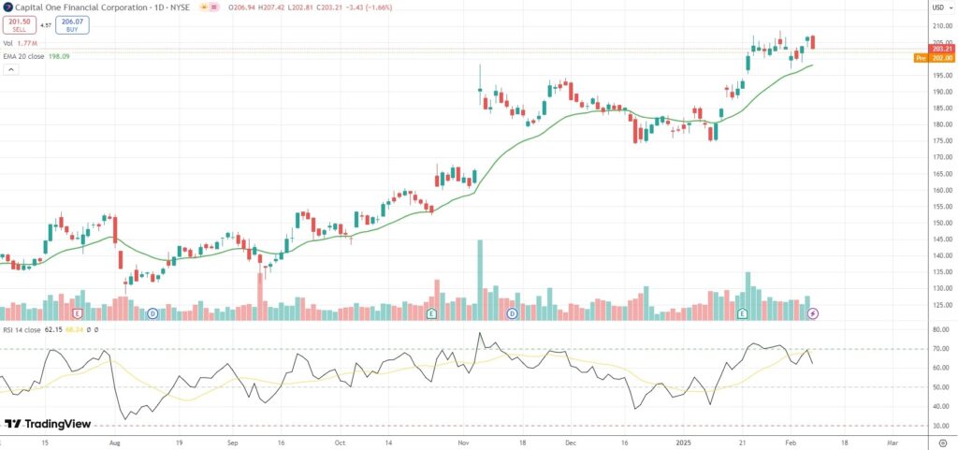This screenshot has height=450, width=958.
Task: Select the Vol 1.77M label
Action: (19, 43)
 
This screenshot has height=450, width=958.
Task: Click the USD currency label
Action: (936, 7)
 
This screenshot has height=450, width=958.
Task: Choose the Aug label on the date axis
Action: (115, 440)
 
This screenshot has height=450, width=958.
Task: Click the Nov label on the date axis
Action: (462, 440)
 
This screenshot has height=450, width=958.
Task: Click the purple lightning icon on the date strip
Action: (813, 313)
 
